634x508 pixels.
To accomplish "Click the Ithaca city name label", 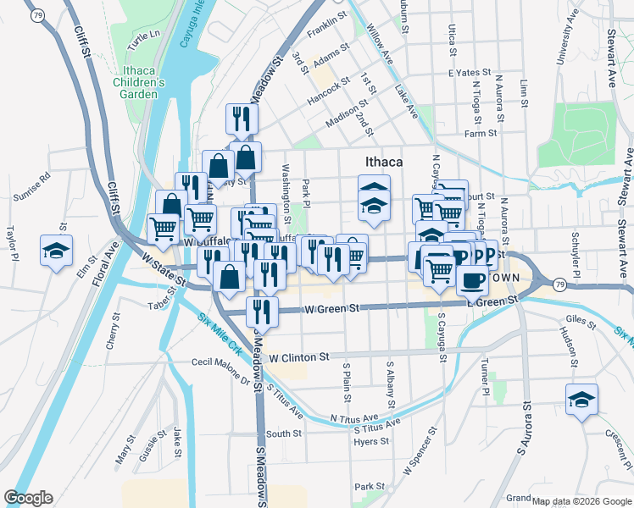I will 382,161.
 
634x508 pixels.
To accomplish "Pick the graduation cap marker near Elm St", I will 57,251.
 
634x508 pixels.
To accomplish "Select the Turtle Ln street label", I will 143,35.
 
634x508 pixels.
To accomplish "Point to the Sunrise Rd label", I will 32,187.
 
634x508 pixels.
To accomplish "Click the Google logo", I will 28,498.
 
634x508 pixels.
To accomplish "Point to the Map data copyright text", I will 581,501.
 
